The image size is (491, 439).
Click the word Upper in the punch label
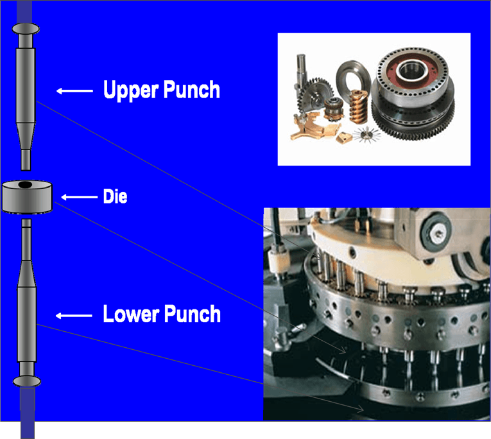pyautogui.click(x=131, y=90)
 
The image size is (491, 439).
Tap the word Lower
pyautogui.click(x=131, y=314)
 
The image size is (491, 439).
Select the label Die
pyautogui.click(x=116, y=197)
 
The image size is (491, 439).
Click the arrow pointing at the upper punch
pyautogui.click(x=74, y=91)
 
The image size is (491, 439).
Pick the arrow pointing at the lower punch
pyautogui.click(x=74, y=315)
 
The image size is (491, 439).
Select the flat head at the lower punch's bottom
pyautogui.click(x=25, y=381)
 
